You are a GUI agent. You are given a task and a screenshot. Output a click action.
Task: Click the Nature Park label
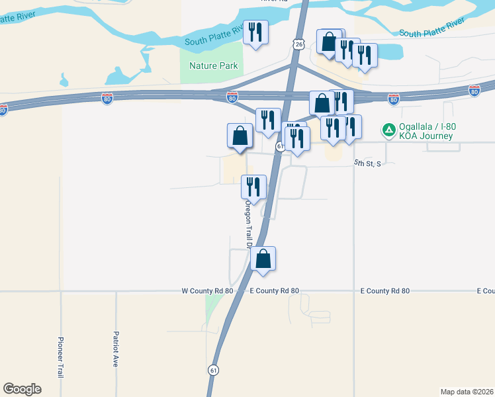pos(213,66)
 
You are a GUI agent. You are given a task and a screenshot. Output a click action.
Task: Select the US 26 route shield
pos(299,44)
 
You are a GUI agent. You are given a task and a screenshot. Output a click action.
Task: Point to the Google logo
pos(22,389)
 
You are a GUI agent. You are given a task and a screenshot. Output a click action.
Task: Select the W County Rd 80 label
pos(208,291)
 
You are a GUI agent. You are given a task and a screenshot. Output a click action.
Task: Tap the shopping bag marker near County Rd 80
pos(263,259)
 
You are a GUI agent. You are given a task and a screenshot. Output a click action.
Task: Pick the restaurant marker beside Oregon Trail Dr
pos(254,187)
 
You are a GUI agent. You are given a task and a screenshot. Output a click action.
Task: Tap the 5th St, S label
pos(367,163)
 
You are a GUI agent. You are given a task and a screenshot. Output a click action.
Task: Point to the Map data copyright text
pos(467,392)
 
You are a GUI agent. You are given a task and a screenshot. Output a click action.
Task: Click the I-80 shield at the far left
pos(4,110)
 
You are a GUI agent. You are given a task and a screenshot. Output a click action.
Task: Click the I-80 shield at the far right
pos(474,91)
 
